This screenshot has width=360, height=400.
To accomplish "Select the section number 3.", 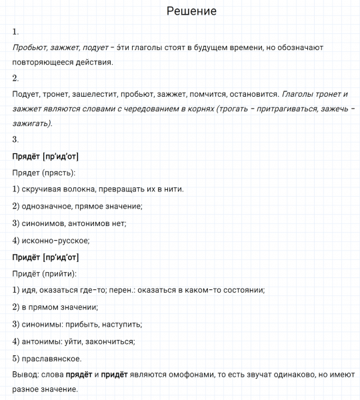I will (16, 139).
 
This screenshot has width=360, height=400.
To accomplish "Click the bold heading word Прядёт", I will (26, 156).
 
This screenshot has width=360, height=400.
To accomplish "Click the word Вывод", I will (25, 374).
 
